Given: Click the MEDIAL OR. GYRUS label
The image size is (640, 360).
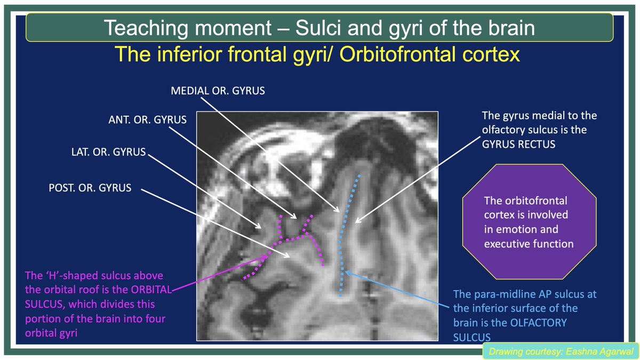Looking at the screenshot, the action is coord(218,91).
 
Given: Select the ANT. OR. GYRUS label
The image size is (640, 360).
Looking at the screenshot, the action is coord(147,119).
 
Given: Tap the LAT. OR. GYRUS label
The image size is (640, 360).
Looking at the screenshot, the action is coord(109,152).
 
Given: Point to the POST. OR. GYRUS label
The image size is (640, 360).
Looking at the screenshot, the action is coord(90,188).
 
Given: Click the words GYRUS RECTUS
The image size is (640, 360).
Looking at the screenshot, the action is coord(518,145).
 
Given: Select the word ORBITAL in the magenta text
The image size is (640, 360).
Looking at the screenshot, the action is coord(151,290).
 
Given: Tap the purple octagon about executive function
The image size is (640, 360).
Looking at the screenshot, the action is coord(529,222).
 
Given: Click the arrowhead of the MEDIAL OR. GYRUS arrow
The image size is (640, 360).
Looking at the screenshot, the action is coord(338,210).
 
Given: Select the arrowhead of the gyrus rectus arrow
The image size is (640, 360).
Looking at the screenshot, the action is coord(357,221).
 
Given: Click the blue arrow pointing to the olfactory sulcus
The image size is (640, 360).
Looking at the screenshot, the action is coord(397,289).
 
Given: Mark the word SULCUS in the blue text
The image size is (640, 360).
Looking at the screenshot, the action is coord(471,338).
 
